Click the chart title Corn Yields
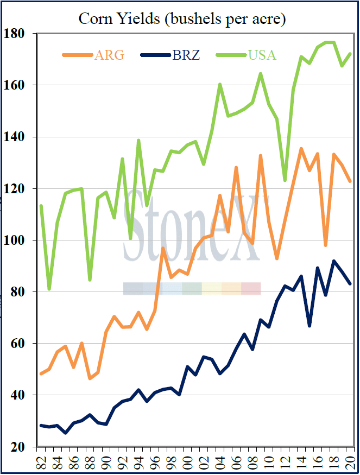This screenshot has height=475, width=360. pyautogui.click(x=182, y=18)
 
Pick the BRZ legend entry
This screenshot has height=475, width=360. pyautogui.click(x=171, y=55)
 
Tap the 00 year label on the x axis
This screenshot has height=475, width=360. pyautogui.click(x=188, y=462)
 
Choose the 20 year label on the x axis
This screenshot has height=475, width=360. pyautogui.click(x=350, y=462)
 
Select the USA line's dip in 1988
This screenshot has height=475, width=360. pyautogui.click(x=90, y=280)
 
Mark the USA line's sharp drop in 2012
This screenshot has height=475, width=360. pyautogui.click(x=285, y=180)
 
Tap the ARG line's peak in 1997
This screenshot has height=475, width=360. pyautogui.click(x=163, y=248)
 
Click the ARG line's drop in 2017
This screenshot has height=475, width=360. pyautogui.click(x=326, y=245)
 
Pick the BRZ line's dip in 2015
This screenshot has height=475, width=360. pyautogui.click(x=310, y=326)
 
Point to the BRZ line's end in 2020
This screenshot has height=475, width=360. pyautogui.click(x=350, y=284)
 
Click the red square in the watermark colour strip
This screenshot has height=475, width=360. pyautogui.click(x=251, y=288)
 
